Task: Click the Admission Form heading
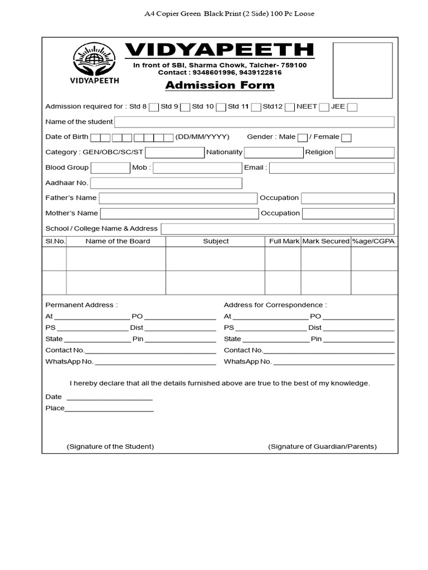click(220, 85)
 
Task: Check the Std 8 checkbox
click(154, 107)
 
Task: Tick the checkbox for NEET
click(324, 107)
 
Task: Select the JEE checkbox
click(352, 107)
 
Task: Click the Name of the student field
click(254, 122)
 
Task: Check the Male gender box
click(303, 137)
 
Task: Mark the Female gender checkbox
click(346, 137)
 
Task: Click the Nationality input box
click(273, 153)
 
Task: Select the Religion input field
click(364, 153)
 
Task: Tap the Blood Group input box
click(110, 168)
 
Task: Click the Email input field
click(332, 168)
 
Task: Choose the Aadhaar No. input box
click(166, 183)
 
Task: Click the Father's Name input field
click(178, 198)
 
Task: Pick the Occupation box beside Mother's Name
click(348, 214)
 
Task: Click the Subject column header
click(216, 241)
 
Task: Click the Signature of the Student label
click(110, 446)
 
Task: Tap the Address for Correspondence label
click(275, 305)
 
